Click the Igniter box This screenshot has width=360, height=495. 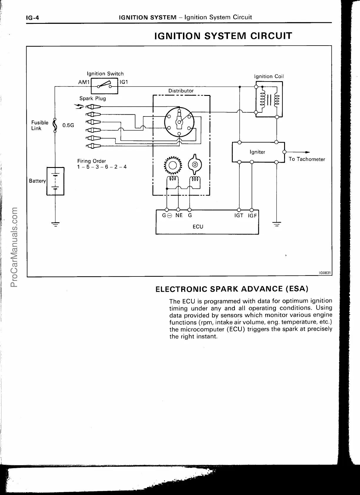(x=258, y=152)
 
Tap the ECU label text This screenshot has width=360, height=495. (x=198, y=226)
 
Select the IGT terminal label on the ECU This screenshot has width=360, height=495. (x=239, y=216)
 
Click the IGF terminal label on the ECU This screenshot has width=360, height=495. (x=252, y=216)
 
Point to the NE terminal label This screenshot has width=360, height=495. (x=179, y=215)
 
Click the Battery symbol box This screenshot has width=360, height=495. (x=55, y=181)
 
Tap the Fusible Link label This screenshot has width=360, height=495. (x=40, y=125)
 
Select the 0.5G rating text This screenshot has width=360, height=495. (x=68, y=125)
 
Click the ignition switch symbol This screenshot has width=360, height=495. (x=105, y=86)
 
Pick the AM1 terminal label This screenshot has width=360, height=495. (x=84, y=82)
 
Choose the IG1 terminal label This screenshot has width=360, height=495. (x=124, y=82)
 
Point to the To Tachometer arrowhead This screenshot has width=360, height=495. (x=307, y=152)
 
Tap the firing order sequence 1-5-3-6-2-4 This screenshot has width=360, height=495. (x=102, y=167)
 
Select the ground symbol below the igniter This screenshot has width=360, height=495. (x=276, y=224)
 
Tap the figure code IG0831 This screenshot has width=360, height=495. (x=325, y=273)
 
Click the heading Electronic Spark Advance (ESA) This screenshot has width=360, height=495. (x=232, y=289)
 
